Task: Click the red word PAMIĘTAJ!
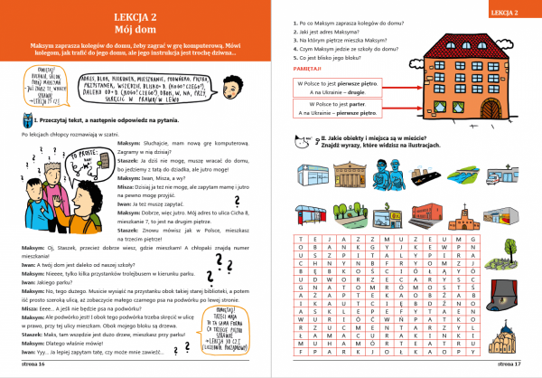point(305,68)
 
